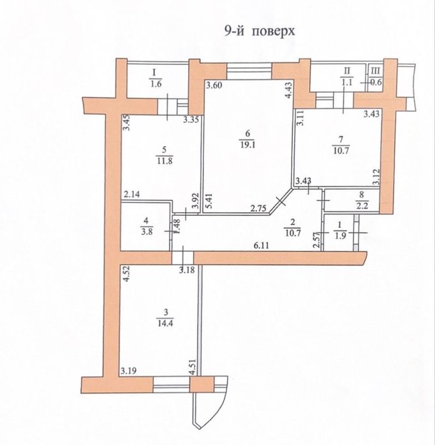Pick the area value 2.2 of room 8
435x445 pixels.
click(x=361, y=205)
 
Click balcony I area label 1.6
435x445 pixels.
click(x=156, y=83)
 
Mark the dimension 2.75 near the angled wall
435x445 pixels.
click(x=258, y=208)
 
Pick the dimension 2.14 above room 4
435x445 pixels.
click(x=132, y=195)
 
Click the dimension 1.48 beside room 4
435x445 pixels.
click(x=177, y=226)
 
